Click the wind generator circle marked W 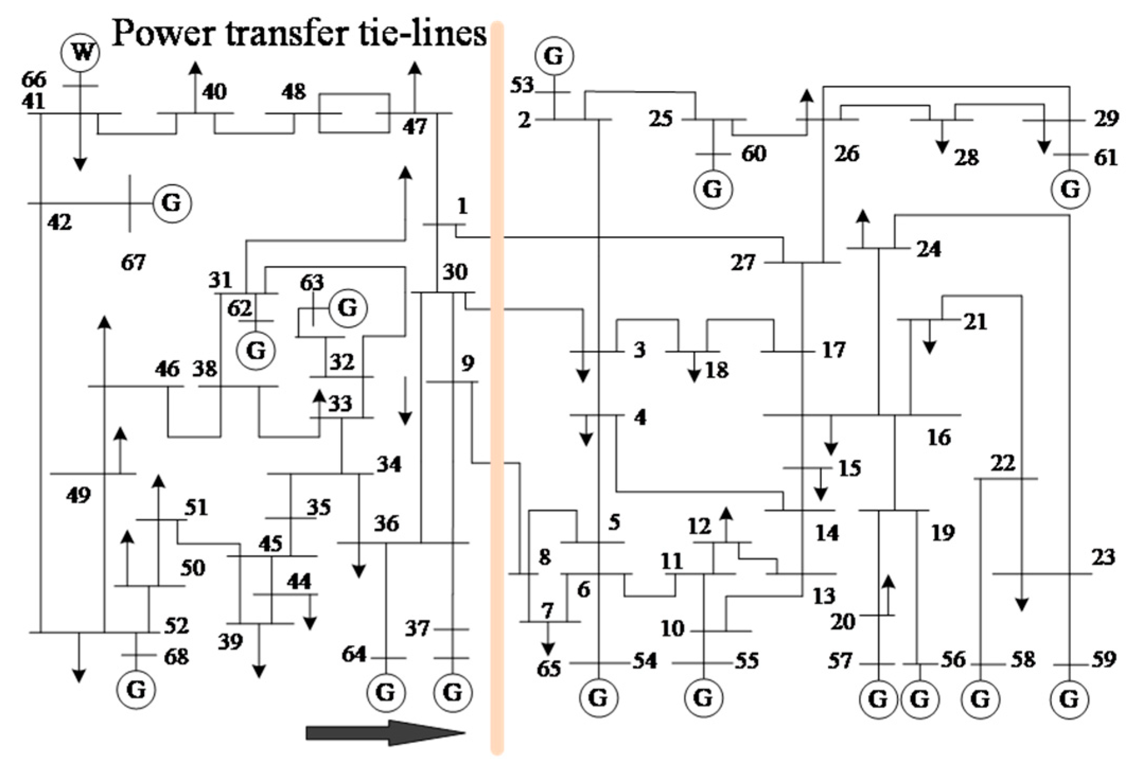coord(80,53)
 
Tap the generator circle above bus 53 coord(554,56)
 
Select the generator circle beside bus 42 coord(172,203)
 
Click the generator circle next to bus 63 coord(348,308)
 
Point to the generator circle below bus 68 coord(136,690)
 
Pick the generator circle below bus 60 coord(713,189)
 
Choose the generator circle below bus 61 coord(1070,189)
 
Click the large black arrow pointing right coord(385,733)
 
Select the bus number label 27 coord(743,263)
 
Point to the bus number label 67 coord(133,262)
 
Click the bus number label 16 coord(939,437)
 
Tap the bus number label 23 coord(1103,557)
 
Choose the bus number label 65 coord(548,669)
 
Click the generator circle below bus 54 coord(599,698)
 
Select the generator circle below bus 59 coord(1069,699)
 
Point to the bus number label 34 coord(389,465)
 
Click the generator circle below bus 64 coord(386,692)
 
